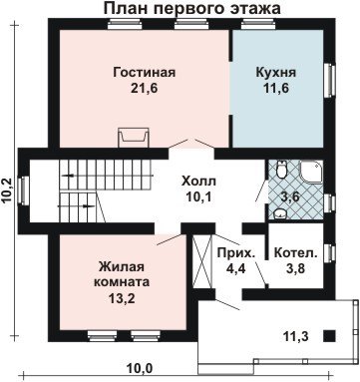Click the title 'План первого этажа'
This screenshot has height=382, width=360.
tap(192, 8)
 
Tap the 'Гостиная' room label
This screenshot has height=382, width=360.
tap(144, 72)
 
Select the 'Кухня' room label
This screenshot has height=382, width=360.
tap(275, 73)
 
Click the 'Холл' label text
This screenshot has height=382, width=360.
tap(198, 182)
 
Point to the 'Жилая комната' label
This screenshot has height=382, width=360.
tap(122, 274)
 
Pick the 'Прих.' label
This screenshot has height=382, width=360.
tap(236, 253)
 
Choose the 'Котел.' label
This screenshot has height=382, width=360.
tap(295, 253)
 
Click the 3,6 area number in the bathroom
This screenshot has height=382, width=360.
tap(290, 196)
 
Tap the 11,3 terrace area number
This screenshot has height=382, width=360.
tap(296, 337)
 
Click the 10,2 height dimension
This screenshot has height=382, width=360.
tap(7, 191)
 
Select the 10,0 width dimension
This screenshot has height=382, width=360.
tap(140, 368)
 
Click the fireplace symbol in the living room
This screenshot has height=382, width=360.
tap(134, 138)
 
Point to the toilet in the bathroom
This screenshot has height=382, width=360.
tap(282, 169)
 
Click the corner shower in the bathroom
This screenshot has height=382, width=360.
tap(311, 173)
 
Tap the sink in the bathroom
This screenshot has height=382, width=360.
tap(281, 213)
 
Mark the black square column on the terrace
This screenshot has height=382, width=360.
tap(329, 336)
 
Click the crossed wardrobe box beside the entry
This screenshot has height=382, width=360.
tap(202, 261)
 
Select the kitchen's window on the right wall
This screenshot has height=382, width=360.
tap(330, 80)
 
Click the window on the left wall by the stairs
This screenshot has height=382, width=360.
tap(24, 191)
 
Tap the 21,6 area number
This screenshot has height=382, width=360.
tap(144, 88)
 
